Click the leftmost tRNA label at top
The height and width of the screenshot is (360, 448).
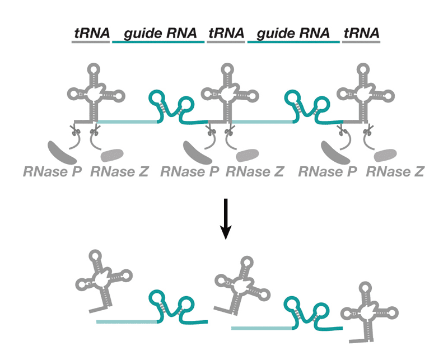pos(91,33)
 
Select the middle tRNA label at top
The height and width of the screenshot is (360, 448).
pos(226,33)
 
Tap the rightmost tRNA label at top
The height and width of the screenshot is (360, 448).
pos(361,33)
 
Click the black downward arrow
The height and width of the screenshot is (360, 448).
pos(225,218)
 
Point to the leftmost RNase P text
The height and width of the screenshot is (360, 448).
pos(53,171)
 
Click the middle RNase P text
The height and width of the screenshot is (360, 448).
pos(189,171)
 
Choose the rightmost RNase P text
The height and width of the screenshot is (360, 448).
pos(328,171)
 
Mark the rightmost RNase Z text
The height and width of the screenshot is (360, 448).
pos(394,171)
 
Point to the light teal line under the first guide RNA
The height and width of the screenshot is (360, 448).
pos(128,121)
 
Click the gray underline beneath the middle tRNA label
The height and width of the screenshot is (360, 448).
pos(226,42)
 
